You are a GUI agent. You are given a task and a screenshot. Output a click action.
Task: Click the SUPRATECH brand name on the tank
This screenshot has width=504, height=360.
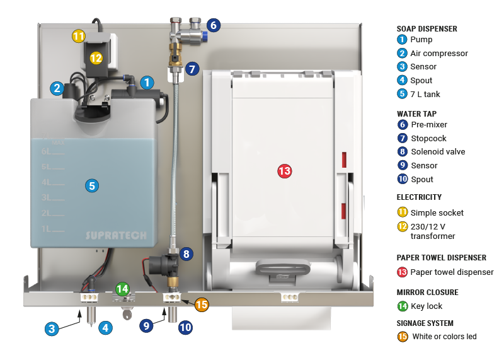pos(116,236)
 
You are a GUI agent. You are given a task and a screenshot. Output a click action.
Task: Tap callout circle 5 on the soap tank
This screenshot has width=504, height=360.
pos(92,185)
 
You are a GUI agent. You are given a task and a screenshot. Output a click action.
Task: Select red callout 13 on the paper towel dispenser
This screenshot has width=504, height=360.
pos(285,171)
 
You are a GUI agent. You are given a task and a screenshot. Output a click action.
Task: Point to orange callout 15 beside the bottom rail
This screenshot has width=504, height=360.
pos(201,305)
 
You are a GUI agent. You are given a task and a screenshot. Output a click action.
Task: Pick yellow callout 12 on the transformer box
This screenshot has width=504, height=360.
pos(96,57)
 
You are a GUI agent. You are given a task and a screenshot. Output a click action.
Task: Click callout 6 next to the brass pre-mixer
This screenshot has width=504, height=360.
pos(212,26)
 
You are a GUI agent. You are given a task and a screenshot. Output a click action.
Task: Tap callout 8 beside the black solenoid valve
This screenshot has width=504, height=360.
pos(186,254)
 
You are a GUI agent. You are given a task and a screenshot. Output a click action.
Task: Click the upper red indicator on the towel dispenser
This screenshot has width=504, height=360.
pos(344,160)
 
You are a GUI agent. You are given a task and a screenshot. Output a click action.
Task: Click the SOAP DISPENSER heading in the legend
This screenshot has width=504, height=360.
pos(427,28)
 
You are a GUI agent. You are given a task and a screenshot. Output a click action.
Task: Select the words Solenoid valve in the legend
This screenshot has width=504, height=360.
pos(438,151)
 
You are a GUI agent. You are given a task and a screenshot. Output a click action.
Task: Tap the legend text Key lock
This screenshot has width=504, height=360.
pos(427,306)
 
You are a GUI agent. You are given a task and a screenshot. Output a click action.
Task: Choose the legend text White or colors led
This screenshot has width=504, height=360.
pos(444,337)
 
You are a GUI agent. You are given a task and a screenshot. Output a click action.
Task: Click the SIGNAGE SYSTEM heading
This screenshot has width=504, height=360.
pos(425,323)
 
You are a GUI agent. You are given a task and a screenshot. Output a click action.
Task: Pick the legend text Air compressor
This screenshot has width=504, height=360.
pos(439,54)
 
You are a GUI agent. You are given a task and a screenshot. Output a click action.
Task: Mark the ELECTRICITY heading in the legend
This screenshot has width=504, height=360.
pos(419,197)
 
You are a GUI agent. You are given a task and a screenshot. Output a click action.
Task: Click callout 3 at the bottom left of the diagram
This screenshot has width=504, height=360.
pos(52,328)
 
